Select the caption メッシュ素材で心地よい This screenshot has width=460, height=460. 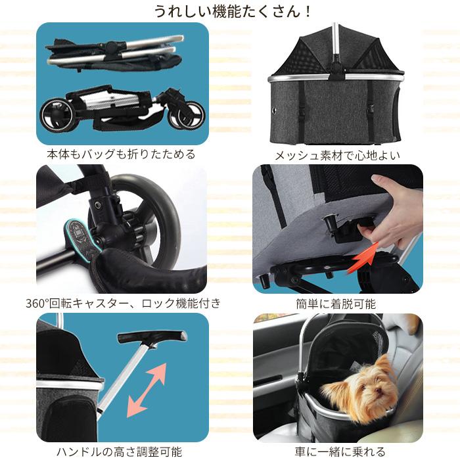click(338, 155)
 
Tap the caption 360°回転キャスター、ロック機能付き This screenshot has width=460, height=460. click(123, 303)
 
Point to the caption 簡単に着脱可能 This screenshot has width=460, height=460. click(338, 304)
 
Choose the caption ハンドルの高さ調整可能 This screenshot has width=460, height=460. click(122, 451)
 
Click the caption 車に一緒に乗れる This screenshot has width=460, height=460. click(338, 451)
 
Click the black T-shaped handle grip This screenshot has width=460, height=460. click(152, 337)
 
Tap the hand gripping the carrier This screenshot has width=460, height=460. click(388, 210)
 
